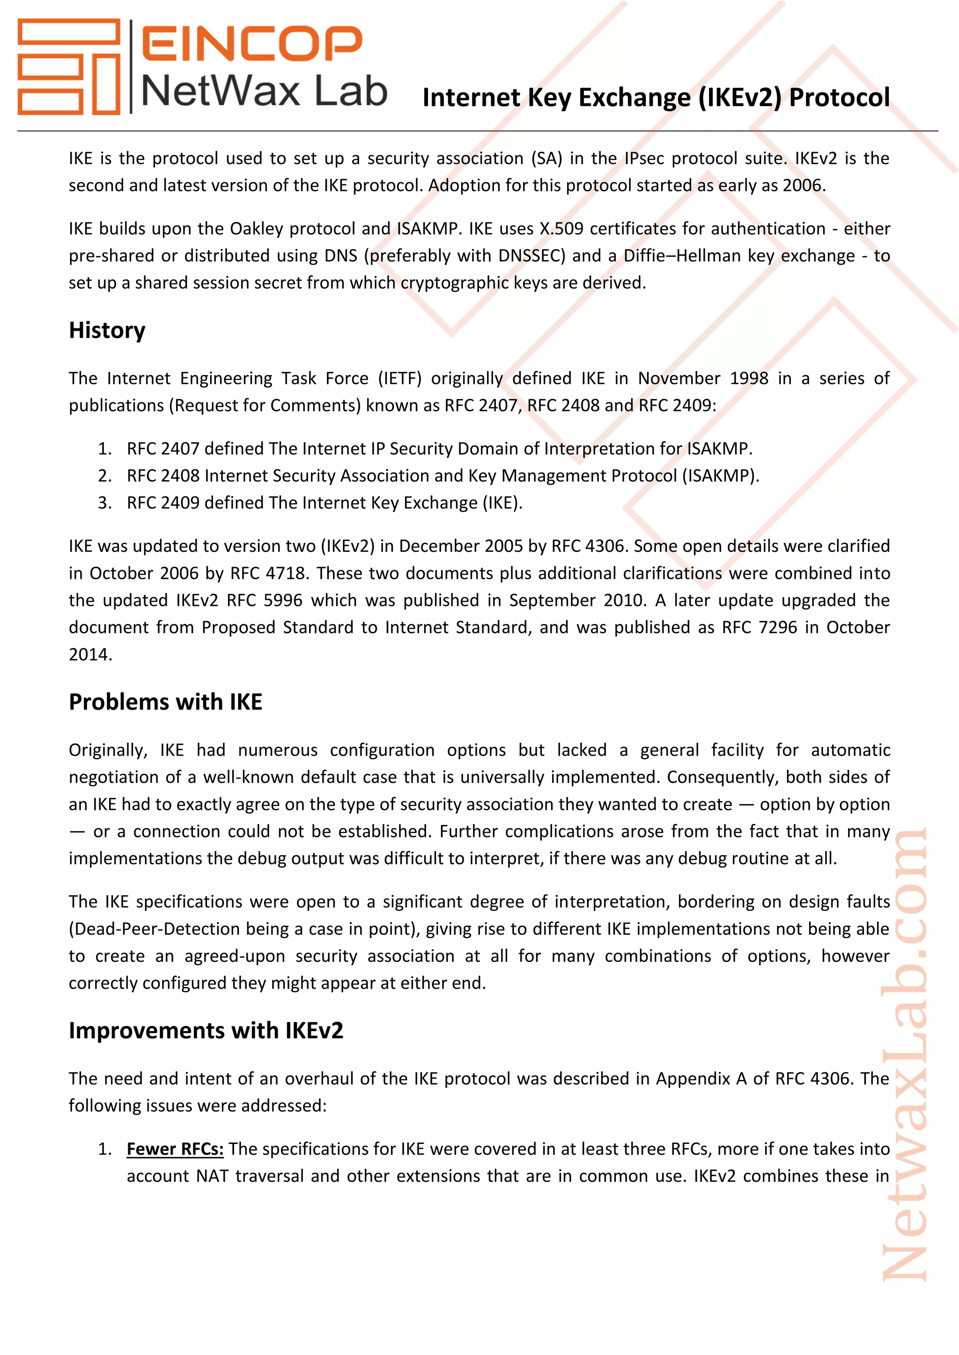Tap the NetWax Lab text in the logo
point(264,92)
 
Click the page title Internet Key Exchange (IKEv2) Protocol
point(656,97)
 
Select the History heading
point(107,330)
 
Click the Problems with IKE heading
point(165,702)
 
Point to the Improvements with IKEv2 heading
point(206,1030)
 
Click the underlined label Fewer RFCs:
point(175,1149)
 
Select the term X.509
point(561,228)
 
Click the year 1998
point(749,379)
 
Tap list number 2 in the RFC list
point(104,476)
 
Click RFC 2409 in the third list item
point(163,503)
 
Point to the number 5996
point(282,600)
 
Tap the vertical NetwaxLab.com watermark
point(905,1056)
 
